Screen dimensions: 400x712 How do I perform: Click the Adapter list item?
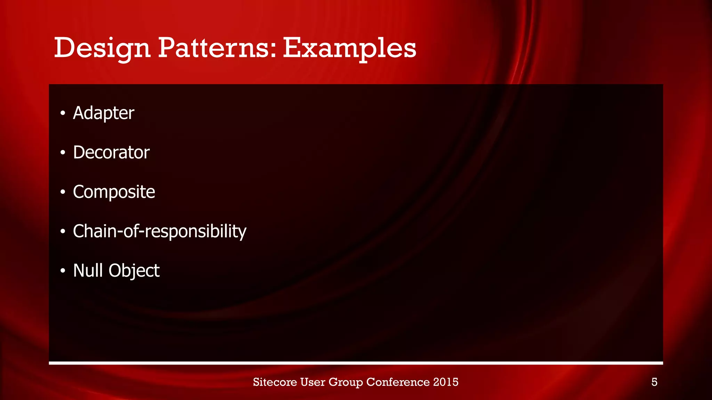[x=103, y=113]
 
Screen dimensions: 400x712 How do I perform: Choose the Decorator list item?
[x=111, y=152]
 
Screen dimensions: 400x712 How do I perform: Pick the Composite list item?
[x=114, y=192]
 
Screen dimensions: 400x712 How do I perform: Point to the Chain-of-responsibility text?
[x=160, y=231]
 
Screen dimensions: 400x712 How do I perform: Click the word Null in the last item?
[x=88, y=270]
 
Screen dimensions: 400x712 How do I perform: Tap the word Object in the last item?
[x=134, y=271]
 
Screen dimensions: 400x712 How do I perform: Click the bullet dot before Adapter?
[x=63, y=113]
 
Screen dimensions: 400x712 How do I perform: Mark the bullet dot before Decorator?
[x=63, y=153]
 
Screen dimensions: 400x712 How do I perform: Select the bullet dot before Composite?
[x=63, y=192]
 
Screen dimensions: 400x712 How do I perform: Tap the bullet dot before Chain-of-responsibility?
[x=63, y=232]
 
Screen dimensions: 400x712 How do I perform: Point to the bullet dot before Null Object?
[x=63, y=271]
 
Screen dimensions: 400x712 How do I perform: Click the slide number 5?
[x=654, y=382]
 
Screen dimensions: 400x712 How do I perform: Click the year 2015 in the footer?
[x=446, y=382]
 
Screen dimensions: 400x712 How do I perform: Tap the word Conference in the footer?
[x=398, y=382]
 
